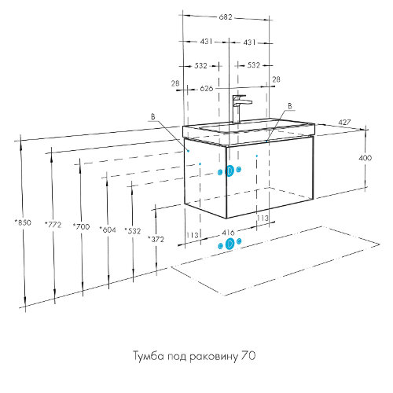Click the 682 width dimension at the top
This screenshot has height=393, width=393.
click(226, 17)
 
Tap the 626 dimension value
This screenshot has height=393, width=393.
click(207, 89)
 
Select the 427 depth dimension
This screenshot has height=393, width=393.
click(344, 123)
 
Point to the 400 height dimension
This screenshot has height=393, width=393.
click(365, 158)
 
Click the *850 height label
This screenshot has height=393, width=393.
click(23, 222)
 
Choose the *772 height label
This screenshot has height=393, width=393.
click(53, 225)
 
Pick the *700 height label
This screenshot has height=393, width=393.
click(81, 226)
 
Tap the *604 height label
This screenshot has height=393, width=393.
click(108, 230)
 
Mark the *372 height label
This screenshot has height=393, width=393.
click(156, 239)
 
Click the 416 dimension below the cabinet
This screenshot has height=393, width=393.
click(228, 233)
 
